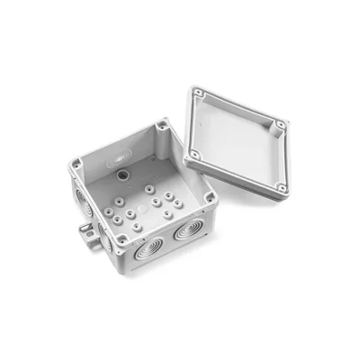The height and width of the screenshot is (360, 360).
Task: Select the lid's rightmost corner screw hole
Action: point(281,123)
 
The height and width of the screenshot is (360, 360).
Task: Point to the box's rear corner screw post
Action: point(161,124)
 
